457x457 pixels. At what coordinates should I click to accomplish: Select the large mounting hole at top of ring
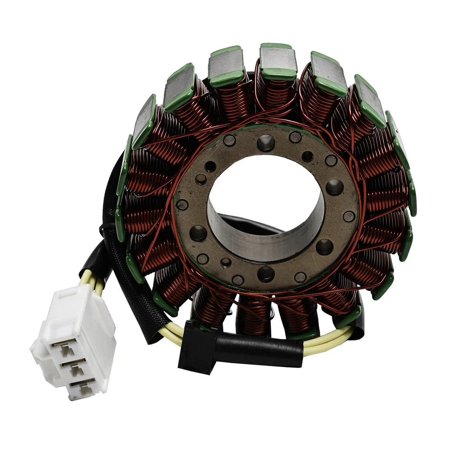point(265,142)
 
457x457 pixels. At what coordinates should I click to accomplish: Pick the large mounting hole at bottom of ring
point(265,274)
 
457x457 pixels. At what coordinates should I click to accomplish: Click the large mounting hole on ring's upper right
point(334,187)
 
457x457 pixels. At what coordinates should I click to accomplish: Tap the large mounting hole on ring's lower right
point(325,246)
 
